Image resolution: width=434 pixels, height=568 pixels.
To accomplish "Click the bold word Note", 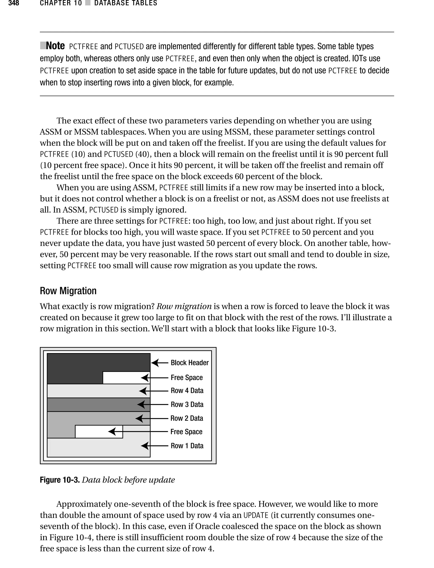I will point(55,46).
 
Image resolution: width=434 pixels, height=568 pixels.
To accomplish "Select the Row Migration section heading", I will point(68,291).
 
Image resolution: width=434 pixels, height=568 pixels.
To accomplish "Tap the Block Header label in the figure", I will point(190,363).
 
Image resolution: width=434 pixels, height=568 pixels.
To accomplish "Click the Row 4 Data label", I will point(187,391).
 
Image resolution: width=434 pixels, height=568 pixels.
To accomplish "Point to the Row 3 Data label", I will point(187,404).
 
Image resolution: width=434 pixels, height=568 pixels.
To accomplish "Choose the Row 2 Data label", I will point(187,418).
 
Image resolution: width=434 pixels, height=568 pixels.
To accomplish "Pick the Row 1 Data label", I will point(187,446).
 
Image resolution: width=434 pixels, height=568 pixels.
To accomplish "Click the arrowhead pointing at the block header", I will point(155,363).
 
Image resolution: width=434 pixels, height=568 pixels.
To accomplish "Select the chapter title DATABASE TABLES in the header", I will point(125,3).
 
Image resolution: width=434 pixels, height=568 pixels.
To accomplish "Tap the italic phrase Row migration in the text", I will point(184,306).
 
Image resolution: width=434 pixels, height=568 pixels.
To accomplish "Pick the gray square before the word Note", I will point(43,46).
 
